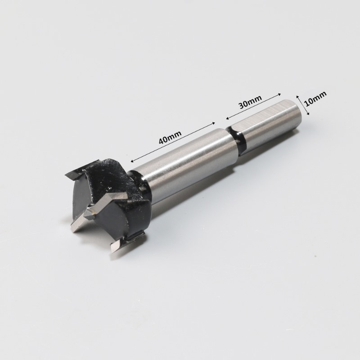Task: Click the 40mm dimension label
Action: pyautogui.click(x=170, y=137)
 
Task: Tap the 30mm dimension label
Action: pyautogui.click(x=250, y=102)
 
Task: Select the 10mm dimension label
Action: pyautogui.click(x=316, y=99)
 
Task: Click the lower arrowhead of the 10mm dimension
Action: pyautogui.click(x=308, y=114)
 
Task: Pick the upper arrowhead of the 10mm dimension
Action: pyautogui.click(x=297, y=96)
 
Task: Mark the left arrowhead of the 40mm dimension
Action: pyautogui.click(x=132, y=161)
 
